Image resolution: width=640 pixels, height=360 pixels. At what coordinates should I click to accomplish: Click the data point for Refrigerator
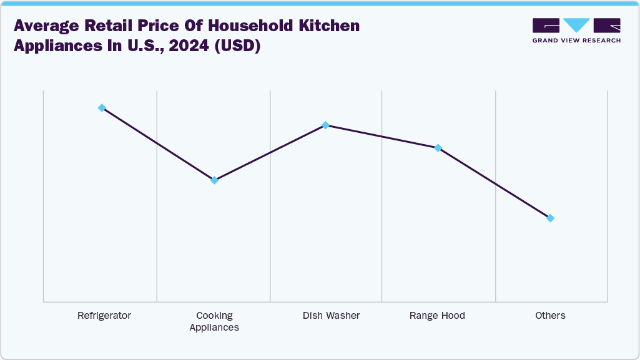tap(102, 108)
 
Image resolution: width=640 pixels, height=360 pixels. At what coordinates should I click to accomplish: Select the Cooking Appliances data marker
tap(214, 180)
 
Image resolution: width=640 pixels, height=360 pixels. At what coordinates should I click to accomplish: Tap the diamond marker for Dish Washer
tap(325, 125)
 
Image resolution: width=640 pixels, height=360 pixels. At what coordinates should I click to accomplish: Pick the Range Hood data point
tap(438, 148)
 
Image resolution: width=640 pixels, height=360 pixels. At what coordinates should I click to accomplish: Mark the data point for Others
tap(550, 218)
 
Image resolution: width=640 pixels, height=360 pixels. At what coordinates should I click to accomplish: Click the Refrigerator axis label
tap(104, 316)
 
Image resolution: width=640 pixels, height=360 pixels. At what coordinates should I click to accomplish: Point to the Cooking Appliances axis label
tap(214, 321)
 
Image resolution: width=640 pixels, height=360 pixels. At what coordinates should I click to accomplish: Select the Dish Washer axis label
tap(331, 316)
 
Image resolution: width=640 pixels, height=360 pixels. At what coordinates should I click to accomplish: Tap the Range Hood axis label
tap(437, 316)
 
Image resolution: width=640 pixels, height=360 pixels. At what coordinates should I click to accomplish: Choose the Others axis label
tap(550, 316)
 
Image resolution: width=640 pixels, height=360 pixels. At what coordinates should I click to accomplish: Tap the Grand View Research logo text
tap(576, 41)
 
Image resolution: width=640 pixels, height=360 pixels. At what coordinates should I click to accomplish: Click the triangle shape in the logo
tap(576, 26)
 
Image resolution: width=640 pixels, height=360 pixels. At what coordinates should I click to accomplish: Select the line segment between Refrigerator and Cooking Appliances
tap(158, 144)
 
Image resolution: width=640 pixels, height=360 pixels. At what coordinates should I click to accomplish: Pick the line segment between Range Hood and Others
tap(494, 183)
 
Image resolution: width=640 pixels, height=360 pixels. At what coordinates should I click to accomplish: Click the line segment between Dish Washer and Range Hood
tap(382, 137)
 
